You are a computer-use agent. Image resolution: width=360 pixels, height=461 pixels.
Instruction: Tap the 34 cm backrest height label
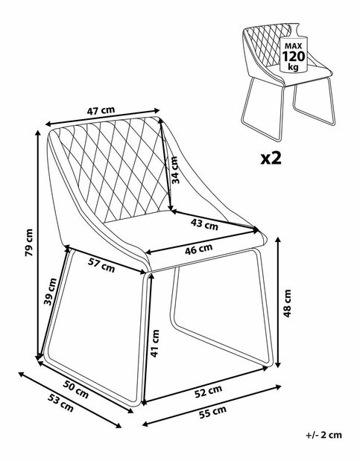coord(176,171)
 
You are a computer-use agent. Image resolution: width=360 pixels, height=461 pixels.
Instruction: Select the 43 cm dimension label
coord(205,223)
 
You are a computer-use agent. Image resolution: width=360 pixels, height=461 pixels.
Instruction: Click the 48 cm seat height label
coord(287,302)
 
